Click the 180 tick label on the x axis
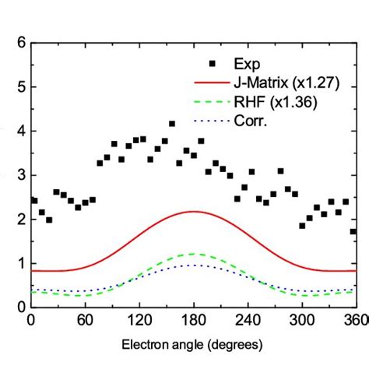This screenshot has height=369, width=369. pyautogui.click(x=194, y=319)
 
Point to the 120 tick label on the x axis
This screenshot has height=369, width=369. pyautogui.click(x=139, y=319)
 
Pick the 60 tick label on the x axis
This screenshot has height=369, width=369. pyautogui.click(x=85, y=319)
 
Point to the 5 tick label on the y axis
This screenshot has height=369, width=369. pyautogui.click(x=19, y=87)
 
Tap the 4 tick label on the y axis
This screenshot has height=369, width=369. pyautogui.click(x=19, y=132)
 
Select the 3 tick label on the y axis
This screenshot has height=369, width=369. pyautogui.click(x=19, y=176)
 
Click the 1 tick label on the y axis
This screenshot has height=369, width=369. pyautogui.click(x=19, y=264)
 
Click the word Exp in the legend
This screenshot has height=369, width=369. pyautogui.click(x=248, y=61)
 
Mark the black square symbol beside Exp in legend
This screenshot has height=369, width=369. pyautogui.click(x=206, y=61)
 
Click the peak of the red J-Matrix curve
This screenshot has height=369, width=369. pyautogui.click(x=194, y=211)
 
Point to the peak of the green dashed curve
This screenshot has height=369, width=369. pyautogui.click(x=194, y=254)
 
